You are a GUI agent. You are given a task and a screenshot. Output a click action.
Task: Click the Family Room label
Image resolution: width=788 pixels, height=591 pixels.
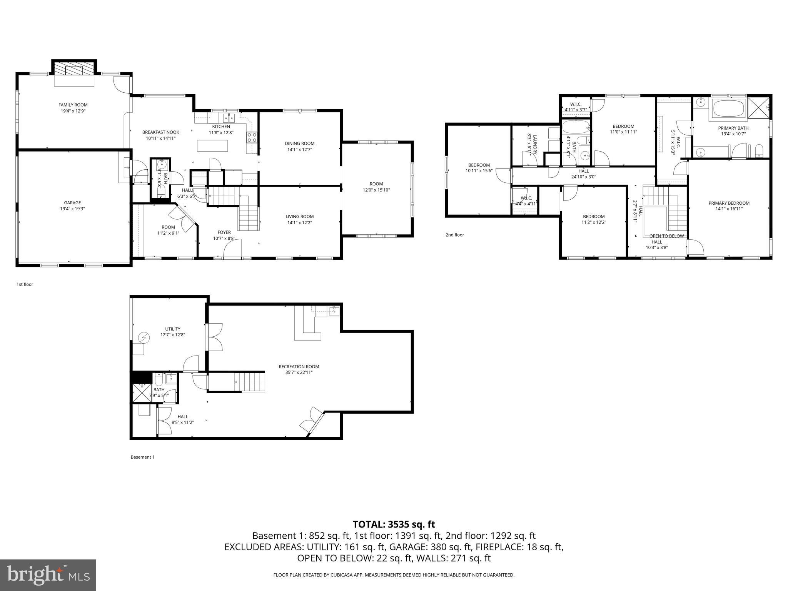tap(73, 105)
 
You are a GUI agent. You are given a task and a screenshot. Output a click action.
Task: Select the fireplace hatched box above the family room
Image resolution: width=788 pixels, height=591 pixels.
tap(74, 70)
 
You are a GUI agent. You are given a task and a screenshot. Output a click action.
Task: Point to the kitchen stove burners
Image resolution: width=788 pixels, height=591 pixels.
tap(252, 137)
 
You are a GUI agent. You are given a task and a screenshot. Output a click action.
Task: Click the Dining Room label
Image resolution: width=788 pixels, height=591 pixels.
tap(300, 144)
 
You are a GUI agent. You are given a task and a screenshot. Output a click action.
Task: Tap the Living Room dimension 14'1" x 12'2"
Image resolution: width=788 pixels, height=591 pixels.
tap(299, 222)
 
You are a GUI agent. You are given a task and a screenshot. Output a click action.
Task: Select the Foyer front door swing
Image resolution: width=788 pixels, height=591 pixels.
tap(232, 248)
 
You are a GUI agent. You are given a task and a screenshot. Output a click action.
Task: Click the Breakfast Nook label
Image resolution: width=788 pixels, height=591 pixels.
tap(160, 132)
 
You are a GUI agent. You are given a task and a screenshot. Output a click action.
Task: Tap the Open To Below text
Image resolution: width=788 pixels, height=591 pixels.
tap(666, 236)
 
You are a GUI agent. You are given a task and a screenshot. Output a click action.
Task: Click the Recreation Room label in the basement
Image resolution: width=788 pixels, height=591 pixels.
tap(299, 367)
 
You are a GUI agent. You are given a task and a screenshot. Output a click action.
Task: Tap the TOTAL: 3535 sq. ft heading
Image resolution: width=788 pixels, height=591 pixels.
tap(394, 524)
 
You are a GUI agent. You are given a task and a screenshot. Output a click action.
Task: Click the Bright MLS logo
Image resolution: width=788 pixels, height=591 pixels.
tap(48, 575)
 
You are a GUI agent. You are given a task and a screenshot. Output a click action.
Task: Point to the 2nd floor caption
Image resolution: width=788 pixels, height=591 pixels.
tap(454, 235)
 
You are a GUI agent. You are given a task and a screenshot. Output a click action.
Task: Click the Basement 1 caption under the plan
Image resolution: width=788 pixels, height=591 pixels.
tap(142, 457)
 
